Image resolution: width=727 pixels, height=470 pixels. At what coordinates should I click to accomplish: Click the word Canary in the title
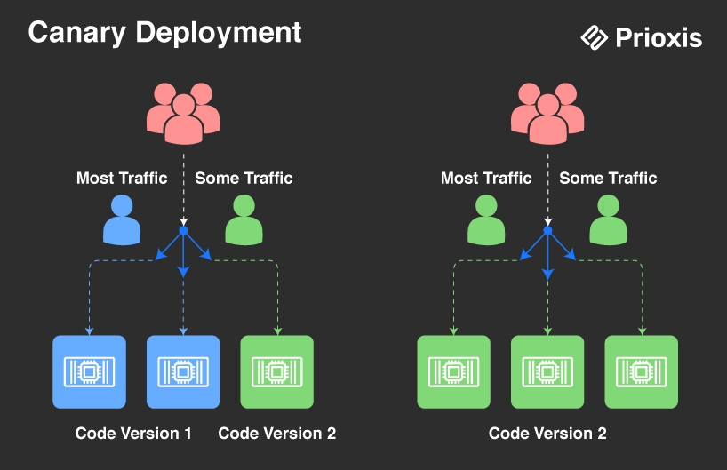pyautogui.click(x=76, y=33)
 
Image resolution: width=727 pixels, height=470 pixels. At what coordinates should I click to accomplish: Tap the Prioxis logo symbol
pyautogui.click(x=594, y=37)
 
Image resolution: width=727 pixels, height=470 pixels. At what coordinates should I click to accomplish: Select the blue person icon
pyautogui.click(x=122, y=219)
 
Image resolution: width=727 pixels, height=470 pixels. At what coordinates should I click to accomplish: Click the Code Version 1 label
pyautogui.click(x=133, y=434)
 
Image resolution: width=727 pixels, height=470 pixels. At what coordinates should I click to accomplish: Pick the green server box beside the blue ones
pyautogui.click(x=277, y=371)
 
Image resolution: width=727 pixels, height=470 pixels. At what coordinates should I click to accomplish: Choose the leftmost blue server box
pyautogui.click(x=89, y=371)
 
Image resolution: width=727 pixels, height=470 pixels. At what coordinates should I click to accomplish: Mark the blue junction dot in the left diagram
pyautogui.click(x=183, y=231)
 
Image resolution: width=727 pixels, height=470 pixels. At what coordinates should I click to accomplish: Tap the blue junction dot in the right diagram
pyautogui.click(x=547, y=231)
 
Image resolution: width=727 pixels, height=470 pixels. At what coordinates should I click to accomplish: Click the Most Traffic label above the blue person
pyautogui.click(x=122, y=178)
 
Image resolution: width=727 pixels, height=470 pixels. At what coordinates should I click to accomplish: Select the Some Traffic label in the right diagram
pyautogui.click(x=608, y=178)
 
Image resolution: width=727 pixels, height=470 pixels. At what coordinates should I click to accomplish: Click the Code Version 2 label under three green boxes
pyautogui.click(x=547, y=434)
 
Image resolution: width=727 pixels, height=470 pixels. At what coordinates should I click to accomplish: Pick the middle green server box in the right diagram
pyautogui.click(x=547, y=371)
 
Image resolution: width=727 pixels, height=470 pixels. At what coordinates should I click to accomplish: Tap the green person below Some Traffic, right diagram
pyautogui.click(x=608, y=219)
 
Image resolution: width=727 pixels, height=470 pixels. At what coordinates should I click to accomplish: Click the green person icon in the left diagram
pyautogui.click(x=244, y=219)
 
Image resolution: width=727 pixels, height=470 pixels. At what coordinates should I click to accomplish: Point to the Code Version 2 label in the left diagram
pyautogui.click(x=277, y=434)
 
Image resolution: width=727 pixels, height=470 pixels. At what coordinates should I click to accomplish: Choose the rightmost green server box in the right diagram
pyautogui.click(x=642, y=371)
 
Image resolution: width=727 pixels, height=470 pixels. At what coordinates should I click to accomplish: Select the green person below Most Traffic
pyautogui.click(x=486, y=219)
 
